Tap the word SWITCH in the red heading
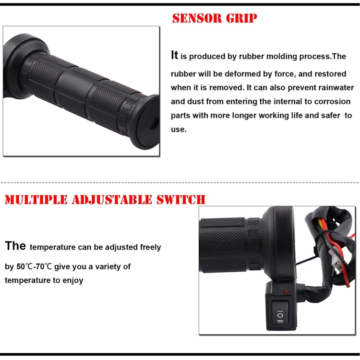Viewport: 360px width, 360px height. point(182,199)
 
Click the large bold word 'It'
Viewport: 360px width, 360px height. point(175,55)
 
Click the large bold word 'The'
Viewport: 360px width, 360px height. point(15,246)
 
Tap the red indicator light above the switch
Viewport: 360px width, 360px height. point(286,292)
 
